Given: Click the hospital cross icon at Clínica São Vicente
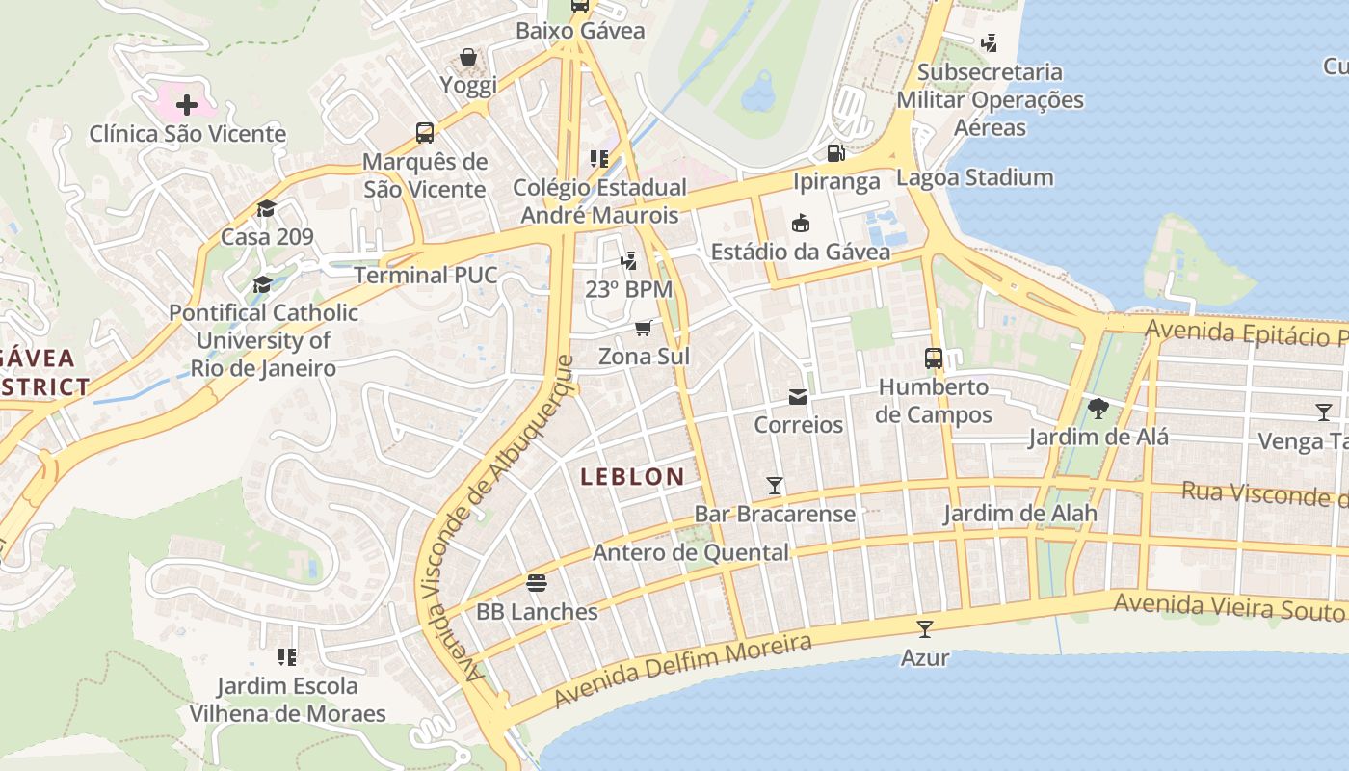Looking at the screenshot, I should [x=187, y=104].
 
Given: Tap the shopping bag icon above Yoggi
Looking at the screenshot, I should [x=468, y=57].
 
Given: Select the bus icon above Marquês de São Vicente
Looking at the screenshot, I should [x=424, y=133].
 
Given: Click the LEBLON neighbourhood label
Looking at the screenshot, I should [x=632, y=476].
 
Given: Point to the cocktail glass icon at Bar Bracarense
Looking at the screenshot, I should [x=774, y=485].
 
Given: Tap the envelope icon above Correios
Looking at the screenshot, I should [x=798, y=396].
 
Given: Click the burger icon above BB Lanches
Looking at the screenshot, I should [x=537, y=583].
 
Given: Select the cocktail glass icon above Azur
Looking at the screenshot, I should [x=925, y=629].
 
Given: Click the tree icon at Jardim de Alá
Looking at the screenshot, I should [x=1098, y=408].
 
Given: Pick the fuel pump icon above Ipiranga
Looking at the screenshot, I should [x=835, y=152].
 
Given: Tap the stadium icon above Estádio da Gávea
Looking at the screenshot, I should [x=800, y=224].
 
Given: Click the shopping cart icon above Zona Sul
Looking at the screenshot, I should [x=643, y=328].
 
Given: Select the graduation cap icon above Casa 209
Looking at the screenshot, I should [x=266, y=208].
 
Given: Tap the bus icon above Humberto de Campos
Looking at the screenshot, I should [x=933, y=359].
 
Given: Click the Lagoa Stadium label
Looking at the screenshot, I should [x=974, y=177].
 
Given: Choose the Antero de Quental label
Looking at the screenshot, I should [x=690, y=552].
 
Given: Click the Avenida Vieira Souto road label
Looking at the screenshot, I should [x=1230, y=607].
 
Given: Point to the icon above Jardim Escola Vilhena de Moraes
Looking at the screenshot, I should [x=286, y=657].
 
